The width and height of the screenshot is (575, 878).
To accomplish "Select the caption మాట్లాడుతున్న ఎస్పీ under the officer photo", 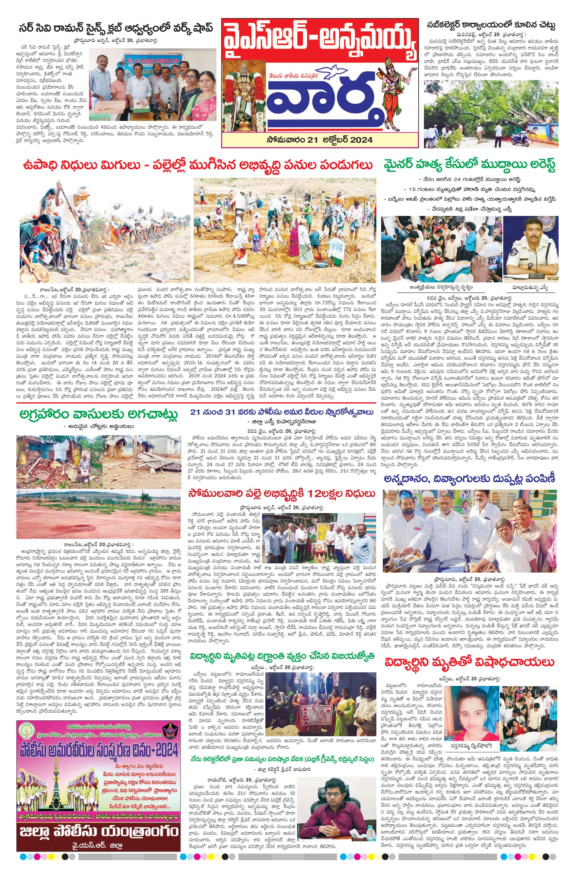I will (530, 287).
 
